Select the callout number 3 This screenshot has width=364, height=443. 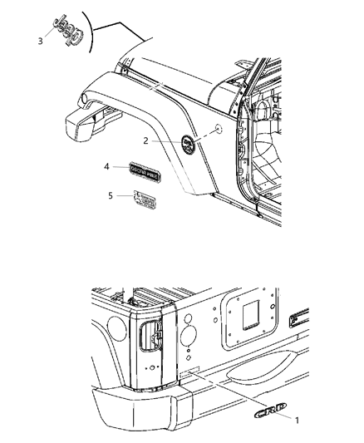40,39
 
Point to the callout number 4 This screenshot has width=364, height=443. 106,167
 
